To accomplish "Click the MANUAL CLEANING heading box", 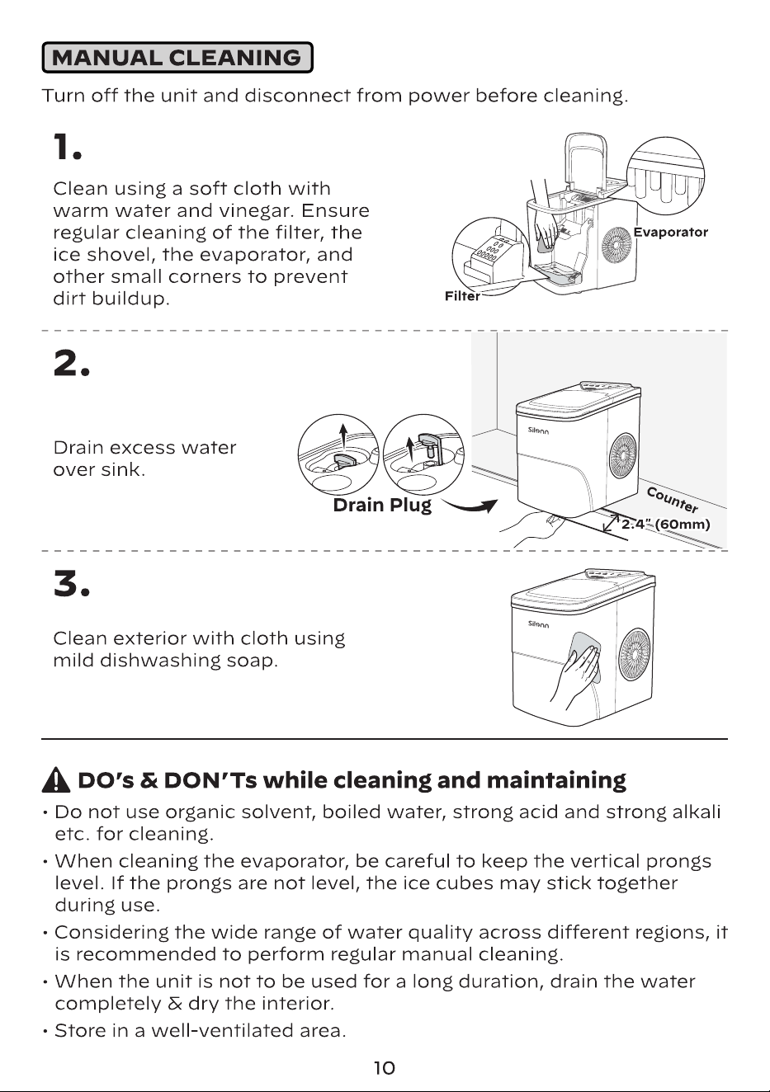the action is point(177,58).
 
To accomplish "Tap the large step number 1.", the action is point(68,147).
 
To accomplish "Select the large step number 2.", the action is point(71,363).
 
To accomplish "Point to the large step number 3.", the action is point(71,584).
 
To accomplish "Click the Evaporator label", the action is point(670,232).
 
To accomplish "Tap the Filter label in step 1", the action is point(462,296).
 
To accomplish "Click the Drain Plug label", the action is point(382,506).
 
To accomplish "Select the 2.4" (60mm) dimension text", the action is point(665,525).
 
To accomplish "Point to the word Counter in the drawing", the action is point(673,499).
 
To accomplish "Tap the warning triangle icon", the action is point(57,780).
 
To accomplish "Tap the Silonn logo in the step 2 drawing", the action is point(538,431).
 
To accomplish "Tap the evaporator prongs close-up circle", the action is point(665,175).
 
